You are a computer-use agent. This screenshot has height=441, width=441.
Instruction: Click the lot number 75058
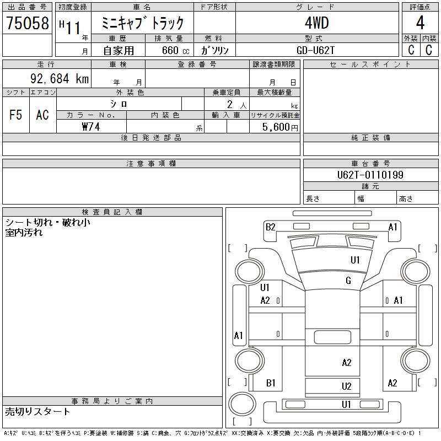[28, 23]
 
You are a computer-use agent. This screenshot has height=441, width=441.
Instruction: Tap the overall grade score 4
[420, 23]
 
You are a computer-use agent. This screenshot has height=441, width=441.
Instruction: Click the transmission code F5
[16, 115]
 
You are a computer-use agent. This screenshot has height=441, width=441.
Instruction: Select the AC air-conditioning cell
[42, 115]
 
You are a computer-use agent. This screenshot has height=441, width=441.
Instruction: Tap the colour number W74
[90, 127]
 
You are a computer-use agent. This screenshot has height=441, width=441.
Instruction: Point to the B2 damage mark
[270, 227]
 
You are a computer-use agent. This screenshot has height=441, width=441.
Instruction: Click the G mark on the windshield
[348, 281]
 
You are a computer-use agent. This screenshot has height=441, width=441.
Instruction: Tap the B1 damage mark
[271, 383]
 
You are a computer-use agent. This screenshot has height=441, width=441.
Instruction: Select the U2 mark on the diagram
[346, 386]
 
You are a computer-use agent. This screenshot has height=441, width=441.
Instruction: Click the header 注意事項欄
[151, 164]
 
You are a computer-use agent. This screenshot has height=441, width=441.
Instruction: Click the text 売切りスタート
[37, 411]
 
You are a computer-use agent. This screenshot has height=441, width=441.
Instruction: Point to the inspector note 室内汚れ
[24, 233]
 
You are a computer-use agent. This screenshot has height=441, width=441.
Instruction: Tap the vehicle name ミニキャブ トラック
[142, 23]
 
